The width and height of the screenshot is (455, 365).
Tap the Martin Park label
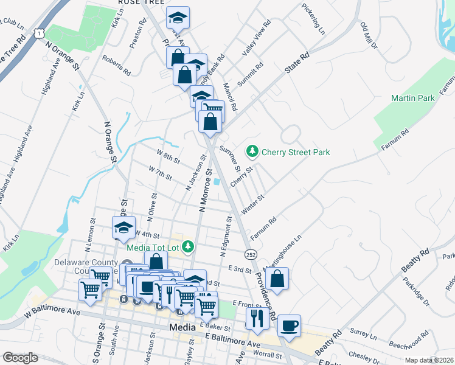412,97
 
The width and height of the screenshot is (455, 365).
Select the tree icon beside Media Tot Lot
189,246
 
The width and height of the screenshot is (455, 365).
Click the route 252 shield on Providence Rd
249,253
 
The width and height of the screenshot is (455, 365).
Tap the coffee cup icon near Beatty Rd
289,325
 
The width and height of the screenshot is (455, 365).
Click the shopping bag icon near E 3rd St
277,279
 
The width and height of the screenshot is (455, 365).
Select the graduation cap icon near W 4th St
123,228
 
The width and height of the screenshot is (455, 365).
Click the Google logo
20,358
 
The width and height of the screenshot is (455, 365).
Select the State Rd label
297,63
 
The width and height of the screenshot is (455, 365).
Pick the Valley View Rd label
257,39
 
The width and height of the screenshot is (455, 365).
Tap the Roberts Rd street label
117,66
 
